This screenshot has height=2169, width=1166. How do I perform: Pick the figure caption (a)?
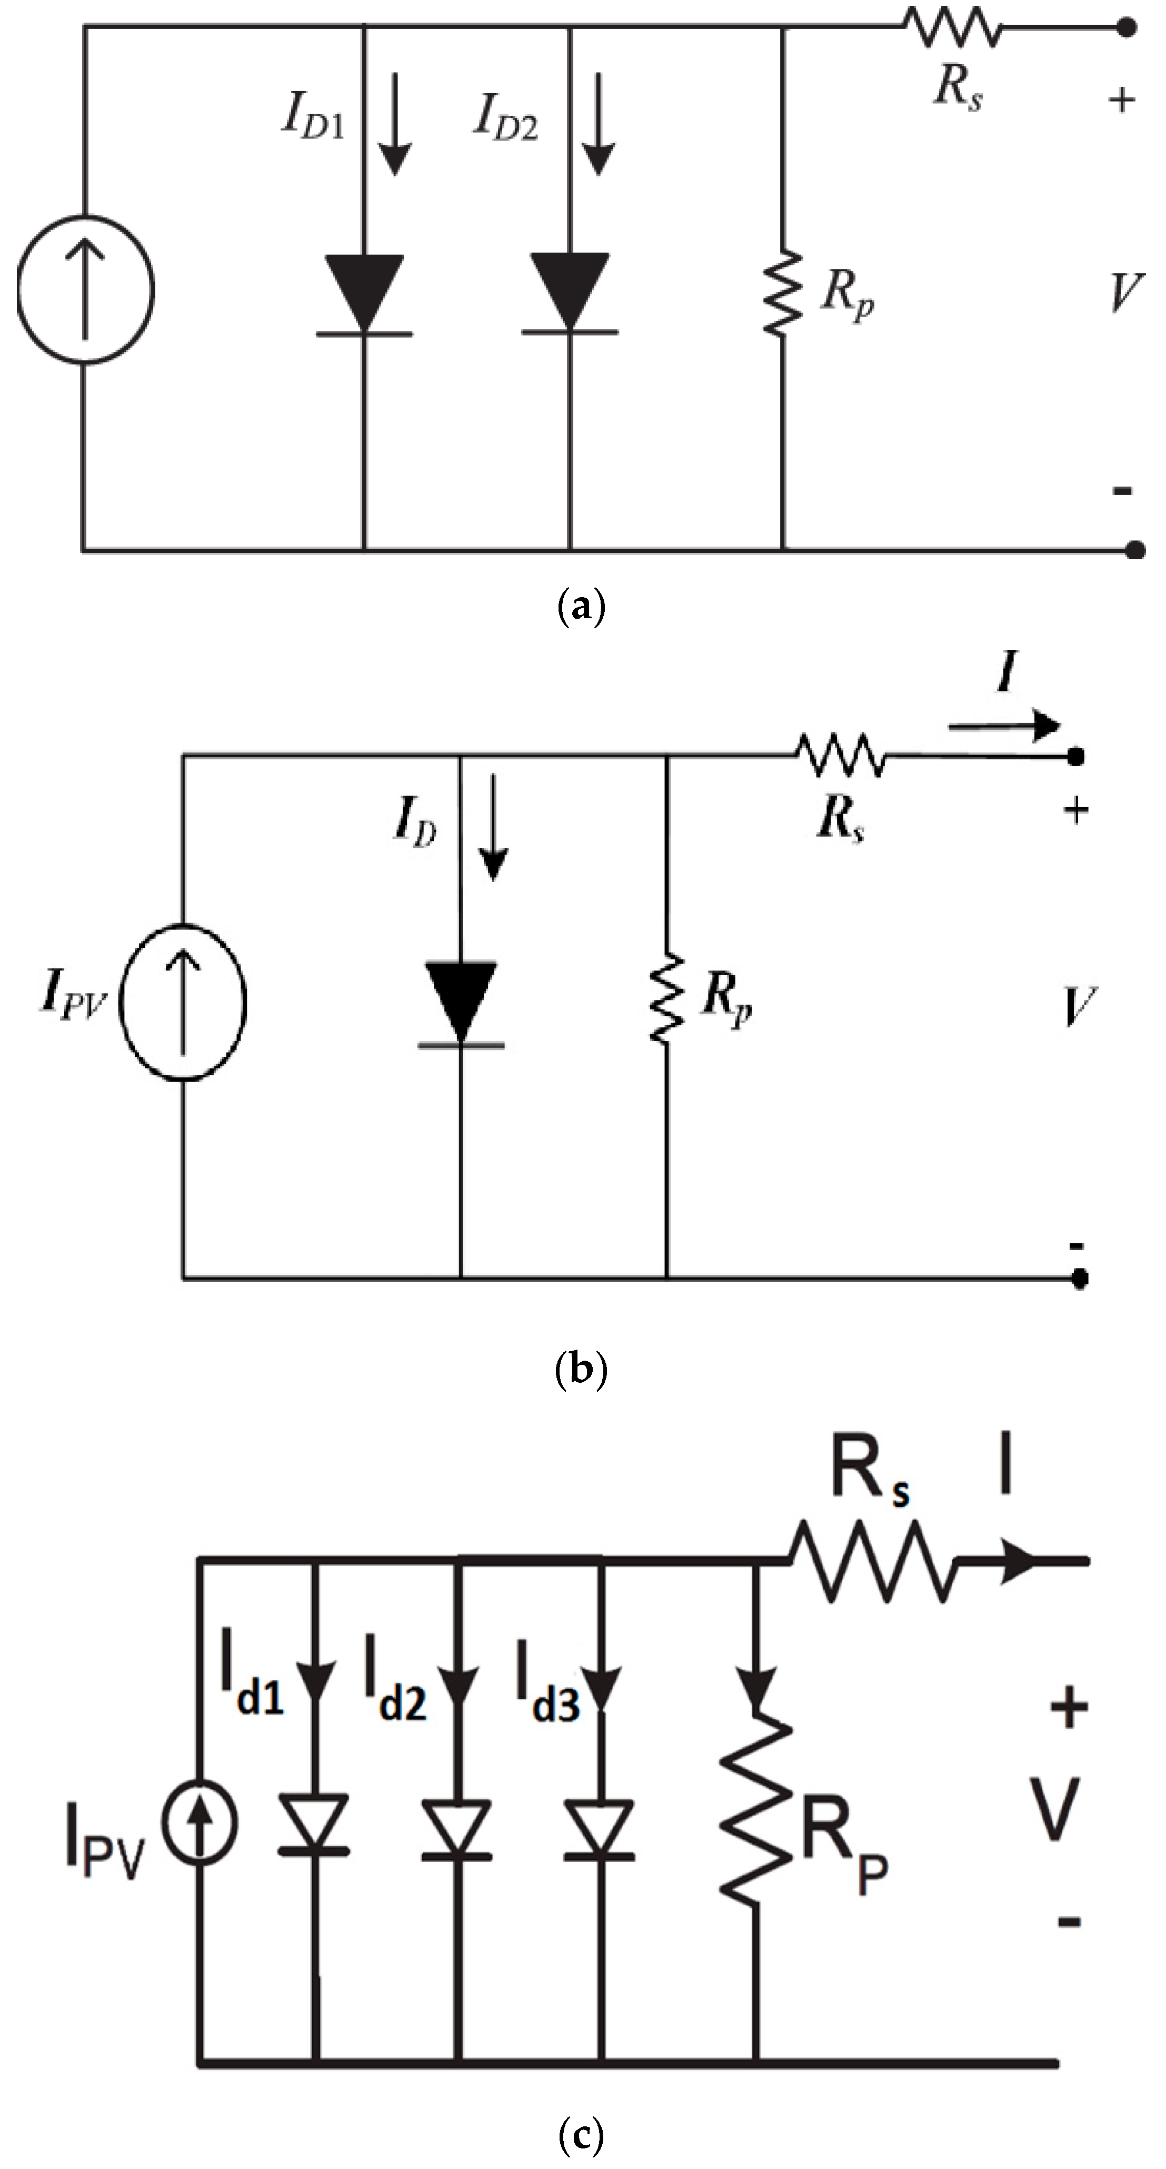pos(582,606)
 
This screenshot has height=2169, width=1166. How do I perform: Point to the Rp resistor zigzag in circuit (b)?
pos(667,998)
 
